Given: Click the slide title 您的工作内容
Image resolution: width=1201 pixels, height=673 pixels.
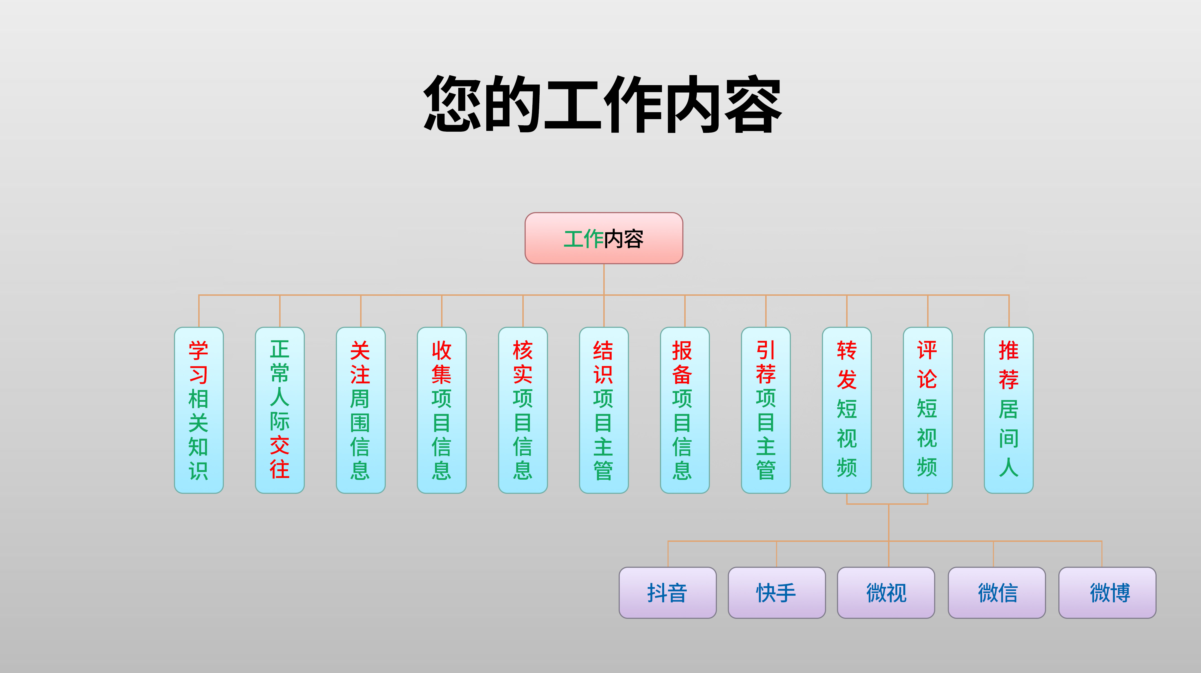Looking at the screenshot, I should point(602,104).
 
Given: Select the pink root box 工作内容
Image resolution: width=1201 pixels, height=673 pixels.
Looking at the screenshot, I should point(604,238).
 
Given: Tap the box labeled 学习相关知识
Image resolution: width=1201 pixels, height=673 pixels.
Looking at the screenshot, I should point(198,410).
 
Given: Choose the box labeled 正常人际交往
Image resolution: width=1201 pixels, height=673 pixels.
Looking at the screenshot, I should point(280,410).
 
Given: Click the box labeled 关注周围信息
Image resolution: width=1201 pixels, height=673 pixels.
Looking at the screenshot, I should point(360,410).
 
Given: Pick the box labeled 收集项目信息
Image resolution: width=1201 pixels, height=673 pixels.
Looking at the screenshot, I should point(442,410).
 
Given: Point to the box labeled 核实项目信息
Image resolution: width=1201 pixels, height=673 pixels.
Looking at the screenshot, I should point(523,410).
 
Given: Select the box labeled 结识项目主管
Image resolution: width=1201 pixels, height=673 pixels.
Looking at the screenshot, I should point(604,410).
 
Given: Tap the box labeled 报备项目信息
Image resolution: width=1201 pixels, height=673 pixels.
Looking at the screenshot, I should point(685,410).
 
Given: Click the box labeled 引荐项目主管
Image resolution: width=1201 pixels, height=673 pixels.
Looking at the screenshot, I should point(765,410).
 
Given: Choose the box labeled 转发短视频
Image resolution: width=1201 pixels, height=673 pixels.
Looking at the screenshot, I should point(847,410).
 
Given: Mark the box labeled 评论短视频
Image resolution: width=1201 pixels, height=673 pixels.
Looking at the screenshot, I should point(927,410).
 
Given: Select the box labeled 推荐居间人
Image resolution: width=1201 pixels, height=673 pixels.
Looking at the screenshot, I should point(1008,410).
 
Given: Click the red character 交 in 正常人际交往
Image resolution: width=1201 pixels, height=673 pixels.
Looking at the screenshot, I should point(280,445).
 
